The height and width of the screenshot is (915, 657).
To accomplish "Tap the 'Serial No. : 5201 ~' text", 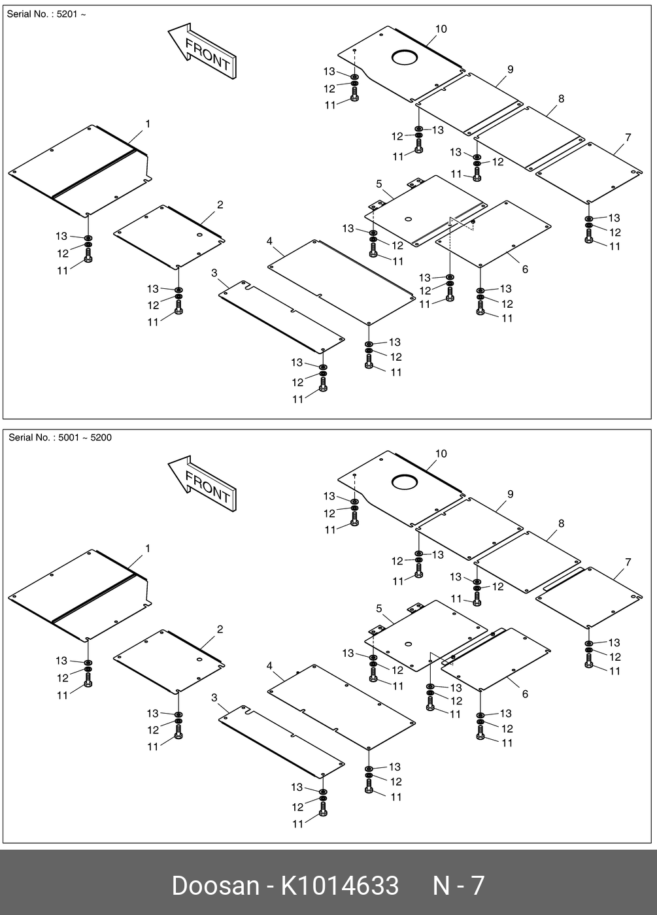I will pos(46,14).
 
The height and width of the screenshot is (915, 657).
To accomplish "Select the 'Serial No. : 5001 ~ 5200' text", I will pos(59,438).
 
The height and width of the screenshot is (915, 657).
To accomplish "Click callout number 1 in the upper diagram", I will pos(148,124).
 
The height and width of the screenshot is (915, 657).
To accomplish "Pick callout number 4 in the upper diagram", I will pos(269,241).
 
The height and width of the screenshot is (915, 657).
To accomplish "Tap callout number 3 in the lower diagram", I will pos(214,698).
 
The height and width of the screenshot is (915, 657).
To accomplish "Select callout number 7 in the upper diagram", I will pos(628,137).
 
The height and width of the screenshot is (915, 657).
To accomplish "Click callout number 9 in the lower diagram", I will pos(511,494).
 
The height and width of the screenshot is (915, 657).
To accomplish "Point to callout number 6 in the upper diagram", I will pos(525,269).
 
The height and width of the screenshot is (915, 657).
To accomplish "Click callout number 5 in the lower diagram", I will pos(379,608).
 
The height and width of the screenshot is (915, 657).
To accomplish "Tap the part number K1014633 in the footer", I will pos(339,886).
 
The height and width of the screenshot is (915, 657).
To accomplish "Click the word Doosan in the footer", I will pos(215,886).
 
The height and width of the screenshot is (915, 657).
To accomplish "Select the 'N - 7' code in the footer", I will pos(458,886).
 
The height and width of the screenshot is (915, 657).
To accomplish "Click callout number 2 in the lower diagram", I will pos(220,629).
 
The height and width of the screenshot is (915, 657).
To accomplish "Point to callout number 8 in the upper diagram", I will pos(561,99).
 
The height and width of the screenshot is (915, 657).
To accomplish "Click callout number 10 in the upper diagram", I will pos(441,29).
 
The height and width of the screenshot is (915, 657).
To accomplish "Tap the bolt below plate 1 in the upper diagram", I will pos(88,256).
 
